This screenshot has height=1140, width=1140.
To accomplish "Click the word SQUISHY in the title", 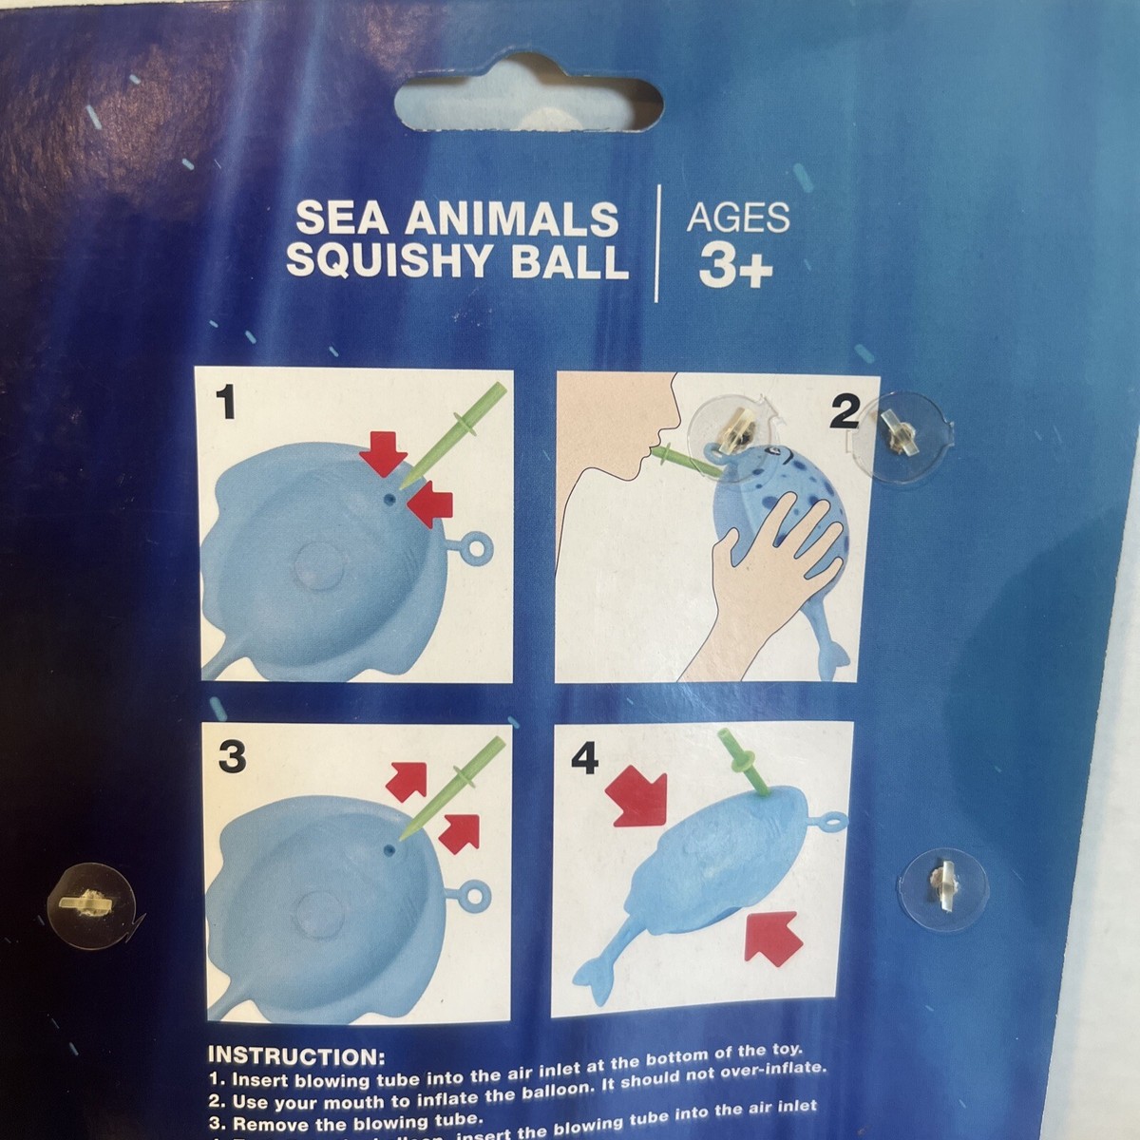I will pyautogui.click(x=394, y=261).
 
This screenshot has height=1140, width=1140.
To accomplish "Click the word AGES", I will pyautogui.click(x=738, y=218).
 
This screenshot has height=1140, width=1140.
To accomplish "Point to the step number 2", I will pyautogui.click(x=845, y=412).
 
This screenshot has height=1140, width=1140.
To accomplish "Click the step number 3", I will pyautogui.click(x=232, y=757).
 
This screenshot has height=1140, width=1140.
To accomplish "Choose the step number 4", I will pyautogui.click(x=585, y=758).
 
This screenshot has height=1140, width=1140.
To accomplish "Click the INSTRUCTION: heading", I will pyautogui.click(x=295, y=1056).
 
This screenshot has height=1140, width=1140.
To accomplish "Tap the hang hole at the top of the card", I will pyautogui.click(x=528, y=104).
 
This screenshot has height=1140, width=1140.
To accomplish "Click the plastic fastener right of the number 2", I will pyautogui.click(x=899, y=435).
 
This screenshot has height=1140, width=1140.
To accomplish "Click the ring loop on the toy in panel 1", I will pyautogui.click(x=472, y=550).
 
